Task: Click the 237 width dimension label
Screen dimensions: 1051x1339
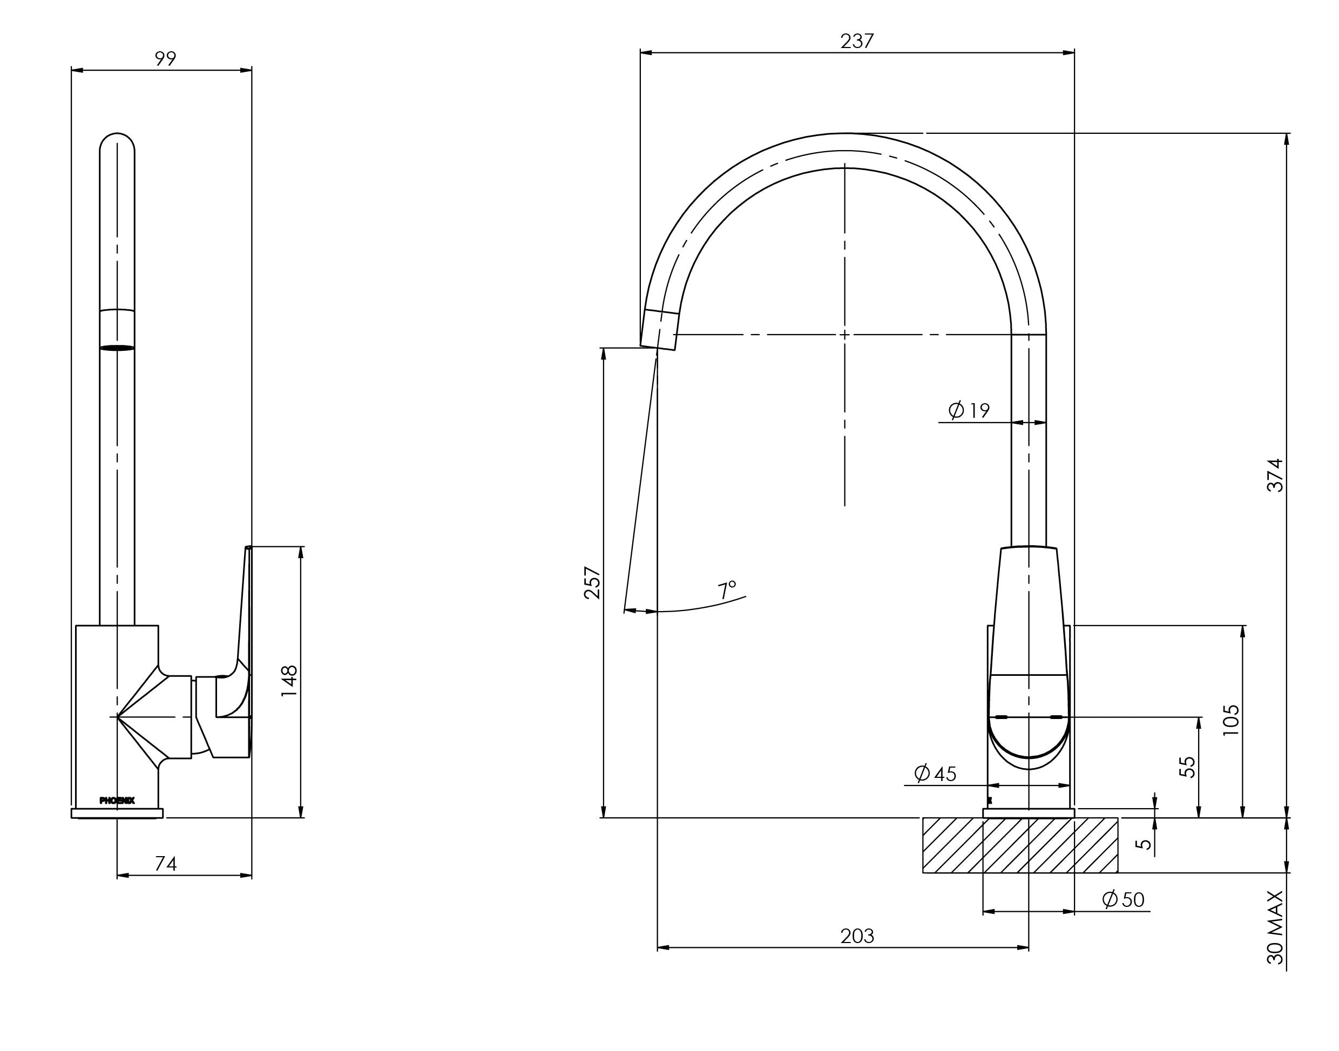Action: click(x=856, y=40)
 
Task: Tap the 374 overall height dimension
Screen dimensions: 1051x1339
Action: click(x=1275, y=474)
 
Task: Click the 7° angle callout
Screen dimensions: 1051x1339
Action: click(x=727, y=590)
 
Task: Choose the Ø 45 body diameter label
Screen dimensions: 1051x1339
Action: click(x=935, y=774)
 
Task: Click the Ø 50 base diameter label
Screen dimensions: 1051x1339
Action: click(x=1123, y=900)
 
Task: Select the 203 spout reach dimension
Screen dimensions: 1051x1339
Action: click(x=856, y=936)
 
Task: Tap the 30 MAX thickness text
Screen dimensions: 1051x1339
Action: click(x=1275, y=927)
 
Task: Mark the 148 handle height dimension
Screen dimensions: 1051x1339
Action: click(x=289, y=681)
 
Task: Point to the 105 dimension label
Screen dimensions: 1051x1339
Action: click(x=1230, y=721)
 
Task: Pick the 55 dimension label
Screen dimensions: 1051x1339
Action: click(x=1187, y=767)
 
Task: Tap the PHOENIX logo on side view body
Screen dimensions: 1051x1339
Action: click(x=117, y=801)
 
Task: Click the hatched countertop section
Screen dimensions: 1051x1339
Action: click(x=1019, y=845)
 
